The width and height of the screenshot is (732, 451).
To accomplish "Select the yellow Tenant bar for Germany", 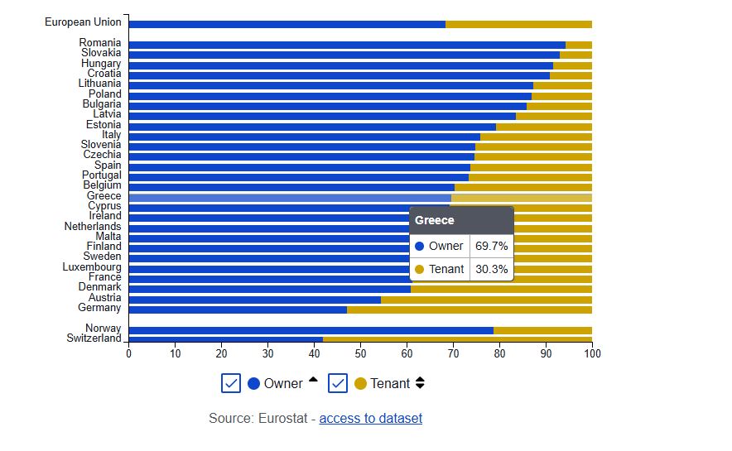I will [469, 309].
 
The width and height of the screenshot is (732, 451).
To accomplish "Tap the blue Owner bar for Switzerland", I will [225, 339].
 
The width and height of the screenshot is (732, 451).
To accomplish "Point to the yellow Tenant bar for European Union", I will [518, 24].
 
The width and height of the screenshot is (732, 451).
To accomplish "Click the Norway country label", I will [103, 329].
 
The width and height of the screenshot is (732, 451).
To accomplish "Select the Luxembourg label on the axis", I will [92, 267].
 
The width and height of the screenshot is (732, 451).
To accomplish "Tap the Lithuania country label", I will [99, 84].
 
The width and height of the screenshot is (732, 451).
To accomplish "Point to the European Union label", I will [83, 22].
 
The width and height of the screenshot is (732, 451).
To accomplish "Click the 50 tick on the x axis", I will [360, 353].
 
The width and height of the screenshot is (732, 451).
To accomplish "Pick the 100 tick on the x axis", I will [592, 353].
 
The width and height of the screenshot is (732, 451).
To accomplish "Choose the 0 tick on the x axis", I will [128, 353].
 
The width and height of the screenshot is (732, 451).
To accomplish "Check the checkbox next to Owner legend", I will [231, 383].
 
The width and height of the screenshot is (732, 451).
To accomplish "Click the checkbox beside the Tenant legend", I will [337, 383].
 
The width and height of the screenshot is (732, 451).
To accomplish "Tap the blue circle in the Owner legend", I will [254, 384].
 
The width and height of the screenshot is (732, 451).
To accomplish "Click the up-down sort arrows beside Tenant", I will [420, 383].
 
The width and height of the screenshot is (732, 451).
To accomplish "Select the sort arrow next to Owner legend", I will [313, 381].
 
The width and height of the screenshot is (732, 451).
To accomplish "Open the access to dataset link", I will [370, 418].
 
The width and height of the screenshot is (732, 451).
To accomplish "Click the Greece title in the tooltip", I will [435, 220].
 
